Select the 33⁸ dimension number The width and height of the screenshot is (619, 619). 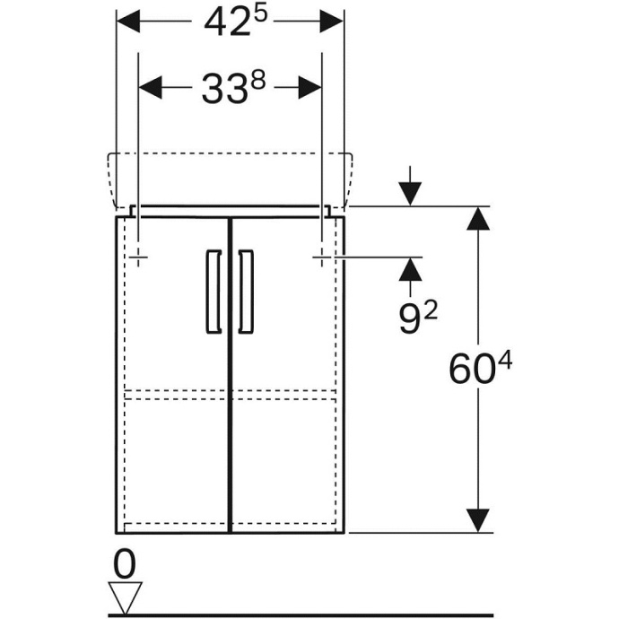click(x=231, y=88)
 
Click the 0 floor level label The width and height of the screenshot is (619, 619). click(x=126, y=564)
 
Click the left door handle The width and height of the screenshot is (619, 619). click(x=213, y=292)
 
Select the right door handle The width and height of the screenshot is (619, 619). click(x=247, y=292)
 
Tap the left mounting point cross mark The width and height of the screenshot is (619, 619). click(x=138, y=257)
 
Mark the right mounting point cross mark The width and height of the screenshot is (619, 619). click(x=322, y=257)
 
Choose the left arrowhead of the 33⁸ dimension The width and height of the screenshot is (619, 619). click(x=151, y=88)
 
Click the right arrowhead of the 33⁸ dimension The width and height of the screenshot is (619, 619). click(x=309, y=88)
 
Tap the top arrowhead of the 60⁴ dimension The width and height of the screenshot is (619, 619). click(x=480, y=219)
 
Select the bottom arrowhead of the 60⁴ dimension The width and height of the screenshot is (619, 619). click(x=480, y=519)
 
